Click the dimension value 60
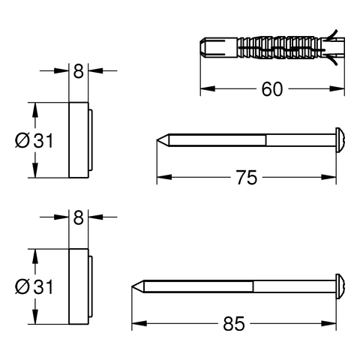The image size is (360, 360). [272, 89]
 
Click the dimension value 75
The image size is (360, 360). [247, 178]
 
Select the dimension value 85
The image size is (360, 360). [234, 324]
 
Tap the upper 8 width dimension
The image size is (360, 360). [78, 71]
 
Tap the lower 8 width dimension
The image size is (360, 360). [78, 217]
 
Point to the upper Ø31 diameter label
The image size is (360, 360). [34, 140]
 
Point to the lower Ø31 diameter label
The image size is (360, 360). [34, 286]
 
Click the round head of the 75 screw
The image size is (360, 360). [340, 140]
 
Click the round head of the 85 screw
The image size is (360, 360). [340, 286]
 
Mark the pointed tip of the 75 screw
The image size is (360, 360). [157, 140]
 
